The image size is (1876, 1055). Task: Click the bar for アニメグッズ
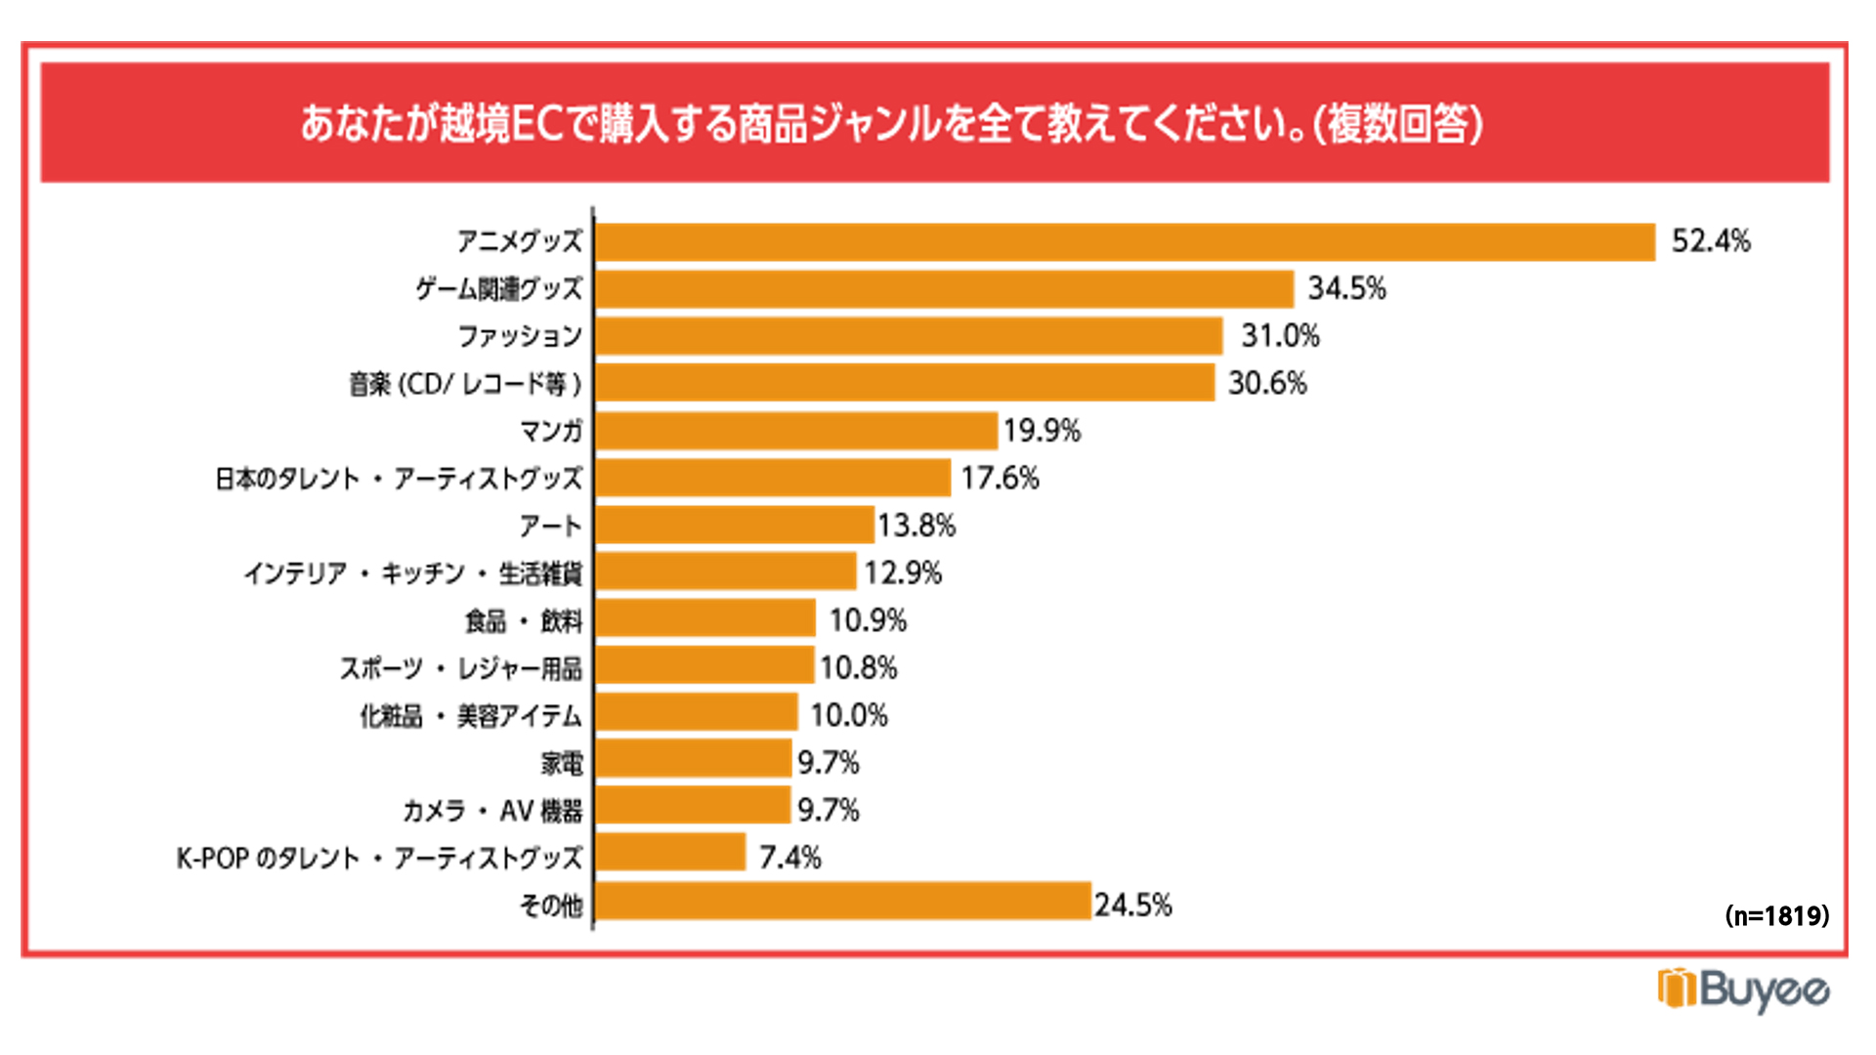click(x=1125, y=242)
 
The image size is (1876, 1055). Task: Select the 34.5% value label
click(x=1346, y=289)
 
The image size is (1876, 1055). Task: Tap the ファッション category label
click(x=520, y=337)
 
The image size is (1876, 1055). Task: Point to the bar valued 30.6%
click(x=905, y=384)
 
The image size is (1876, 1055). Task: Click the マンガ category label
click(x=551, y=431)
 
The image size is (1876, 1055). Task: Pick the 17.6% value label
click(x=1000, y=479)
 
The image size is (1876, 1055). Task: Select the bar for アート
click(x=734, y=526)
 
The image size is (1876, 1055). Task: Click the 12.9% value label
click(x=903, y=573)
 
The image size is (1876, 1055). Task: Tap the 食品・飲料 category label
click(x=524, y=621)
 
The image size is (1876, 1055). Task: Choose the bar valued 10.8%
click(x=704, y=667)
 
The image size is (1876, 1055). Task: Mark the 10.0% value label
click(x=848, y=716)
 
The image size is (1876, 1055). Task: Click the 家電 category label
click(x=562, y=763)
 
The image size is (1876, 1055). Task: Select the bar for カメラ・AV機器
click(x=693, y=809)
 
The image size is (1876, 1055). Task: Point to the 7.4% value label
click(x=789, y=858)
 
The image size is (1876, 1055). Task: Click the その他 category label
click(x=551, y=906)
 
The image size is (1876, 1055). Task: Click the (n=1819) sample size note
click(x=1776, y=916)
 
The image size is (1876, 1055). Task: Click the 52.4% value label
click(x=1710, y=241)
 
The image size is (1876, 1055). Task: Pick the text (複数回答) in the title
click(x=1398, y=124)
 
